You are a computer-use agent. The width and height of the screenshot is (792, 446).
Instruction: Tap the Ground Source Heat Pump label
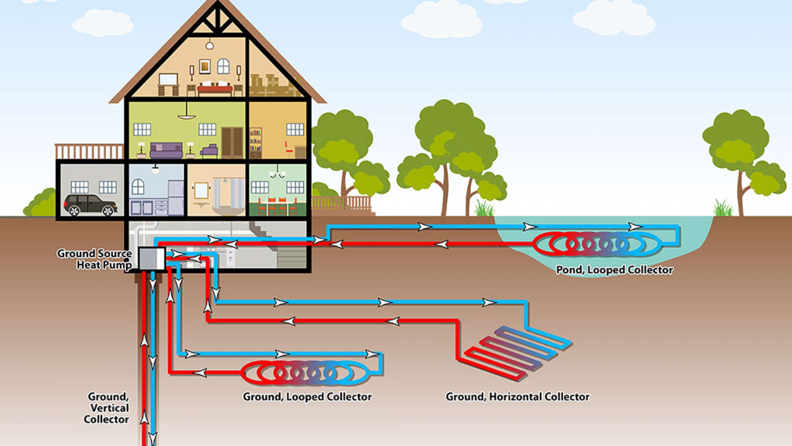pos(94,259)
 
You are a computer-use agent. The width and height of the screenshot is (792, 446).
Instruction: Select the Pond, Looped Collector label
pos(614,270)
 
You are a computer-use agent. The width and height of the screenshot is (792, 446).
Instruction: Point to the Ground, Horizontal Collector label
pos(517,396)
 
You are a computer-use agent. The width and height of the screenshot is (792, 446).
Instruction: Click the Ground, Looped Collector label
pos(307,396)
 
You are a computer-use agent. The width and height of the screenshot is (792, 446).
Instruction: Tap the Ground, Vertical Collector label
pos(107,408)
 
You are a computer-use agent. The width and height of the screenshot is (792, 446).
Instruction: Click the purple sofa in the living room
pos(166,150)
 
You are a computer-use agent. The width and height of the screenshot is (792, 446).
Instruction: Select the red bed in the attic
pos(215,89)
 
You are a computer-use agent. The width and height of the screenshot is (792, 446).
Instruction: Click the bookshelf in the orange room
pos(255,143)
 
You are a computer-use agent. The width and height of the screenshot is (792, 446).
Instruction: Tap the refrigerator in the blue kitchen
pos(176,198)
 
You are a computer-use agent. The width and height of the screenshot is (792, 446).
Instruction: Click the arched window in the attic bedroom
pos(223,66)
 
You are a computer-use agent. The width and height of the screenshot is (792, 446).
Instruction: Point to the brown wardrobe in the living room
pos(232,142)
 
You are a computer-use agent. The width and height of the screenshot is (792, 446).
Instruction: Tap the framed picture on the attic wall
pos(205,66)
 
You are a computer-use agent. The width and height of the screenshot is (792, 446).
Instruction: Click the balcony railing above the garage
pos(89,151)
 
